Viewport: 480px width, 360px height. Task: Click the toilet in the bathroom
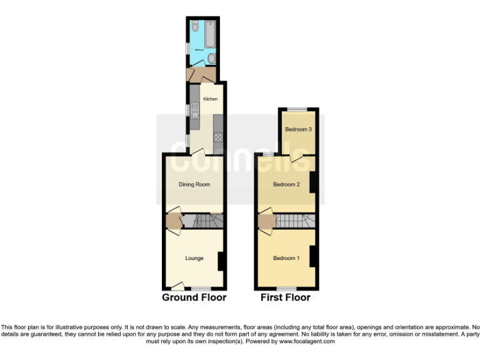[196, 27]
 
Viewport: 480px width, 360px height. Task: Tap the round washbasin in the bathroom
[211, 59]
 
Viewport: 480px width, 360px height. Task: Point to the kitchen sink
[194, 112]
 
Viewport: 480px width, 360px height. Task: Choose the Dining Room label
[194, 184]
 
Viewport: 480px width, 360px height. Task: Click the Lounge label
[194, 257]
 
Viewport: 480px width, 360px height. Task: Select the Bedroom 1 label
[286, 258]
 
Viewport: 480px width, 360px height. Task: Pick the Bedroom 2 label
[287, 184]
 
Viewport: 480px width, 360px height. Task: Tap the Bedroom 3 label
[298, 129]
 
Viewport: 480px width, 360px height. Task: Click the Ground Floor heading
[194, 297]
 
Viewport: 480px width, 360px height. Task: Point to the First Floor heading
[286, 297]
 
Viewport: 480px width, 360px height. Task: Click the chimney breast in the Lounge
[221, 261]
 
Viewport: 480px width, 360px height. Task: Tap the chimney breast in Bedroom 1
[313, 256]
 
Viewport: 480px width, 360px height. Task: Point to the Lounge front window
[201, 288]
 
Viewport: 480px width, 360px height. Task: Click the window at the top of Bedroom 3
[297, 109]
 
